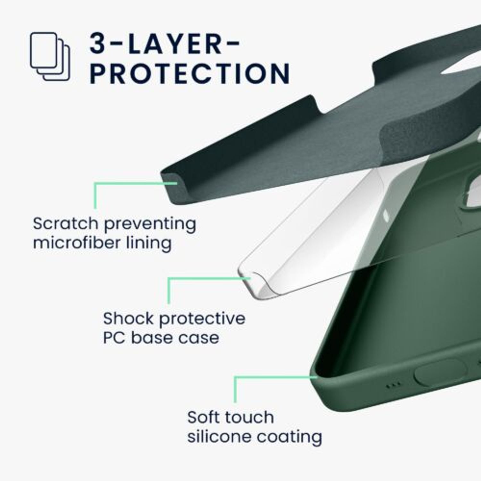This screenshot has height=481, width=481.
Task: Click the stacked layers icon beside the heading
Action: [50, 56]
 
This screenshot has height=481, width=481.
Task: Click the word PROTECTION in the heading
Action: [190, 73]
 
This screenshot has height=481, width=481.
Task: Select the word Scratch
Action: [65, 223]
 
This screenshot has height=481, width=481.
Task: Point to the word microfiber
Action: [76, 242]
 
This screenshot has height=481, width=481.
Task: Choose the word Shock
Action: [128, 318]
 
